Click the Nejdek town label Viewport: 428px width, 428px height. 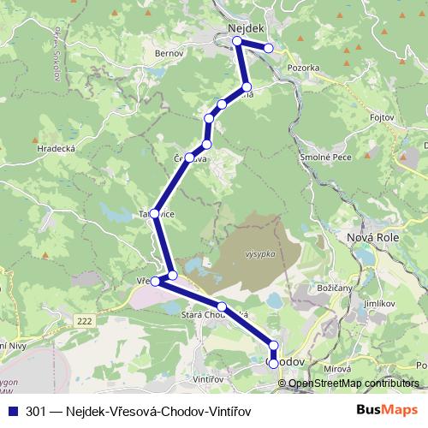point(246,28)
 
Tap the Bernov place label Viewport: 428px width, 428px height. point(169,53)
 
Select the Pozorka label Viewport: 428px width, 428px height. point(304,66)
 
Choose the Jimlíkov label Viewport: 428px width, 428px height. point(380,302)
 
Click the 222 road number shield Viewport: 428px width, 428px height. point(83,320)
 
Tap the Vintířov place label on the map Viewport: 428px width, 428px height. point(209,377)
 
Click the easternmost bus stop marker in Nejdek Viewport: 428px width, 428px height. point(269,48)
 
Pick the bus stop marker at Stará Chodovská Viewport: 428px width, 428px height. point(221,306)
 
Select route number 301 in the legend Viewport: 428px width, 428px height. point(36,410)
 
